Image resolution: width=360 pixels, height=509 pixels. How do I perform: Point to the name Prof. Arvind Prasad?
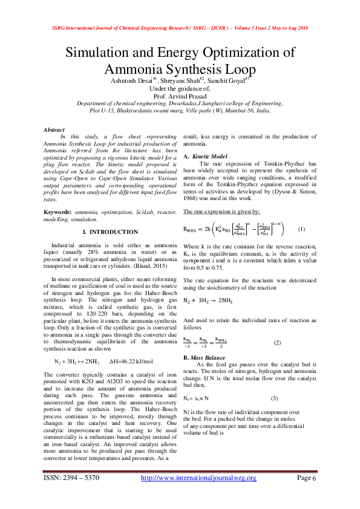click(180, 96)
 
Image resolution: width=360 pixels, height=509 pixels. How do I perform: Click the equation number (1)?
click(301, 229)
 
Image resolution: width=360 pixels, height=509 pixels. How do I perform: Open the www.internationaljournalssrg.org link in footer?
click(198, 478)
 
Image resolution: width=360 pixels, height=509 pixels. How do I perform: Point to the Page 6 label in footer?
click(306, 478)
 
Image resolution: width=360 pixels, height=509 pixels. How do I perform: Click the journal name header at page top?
click(180, 28)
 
